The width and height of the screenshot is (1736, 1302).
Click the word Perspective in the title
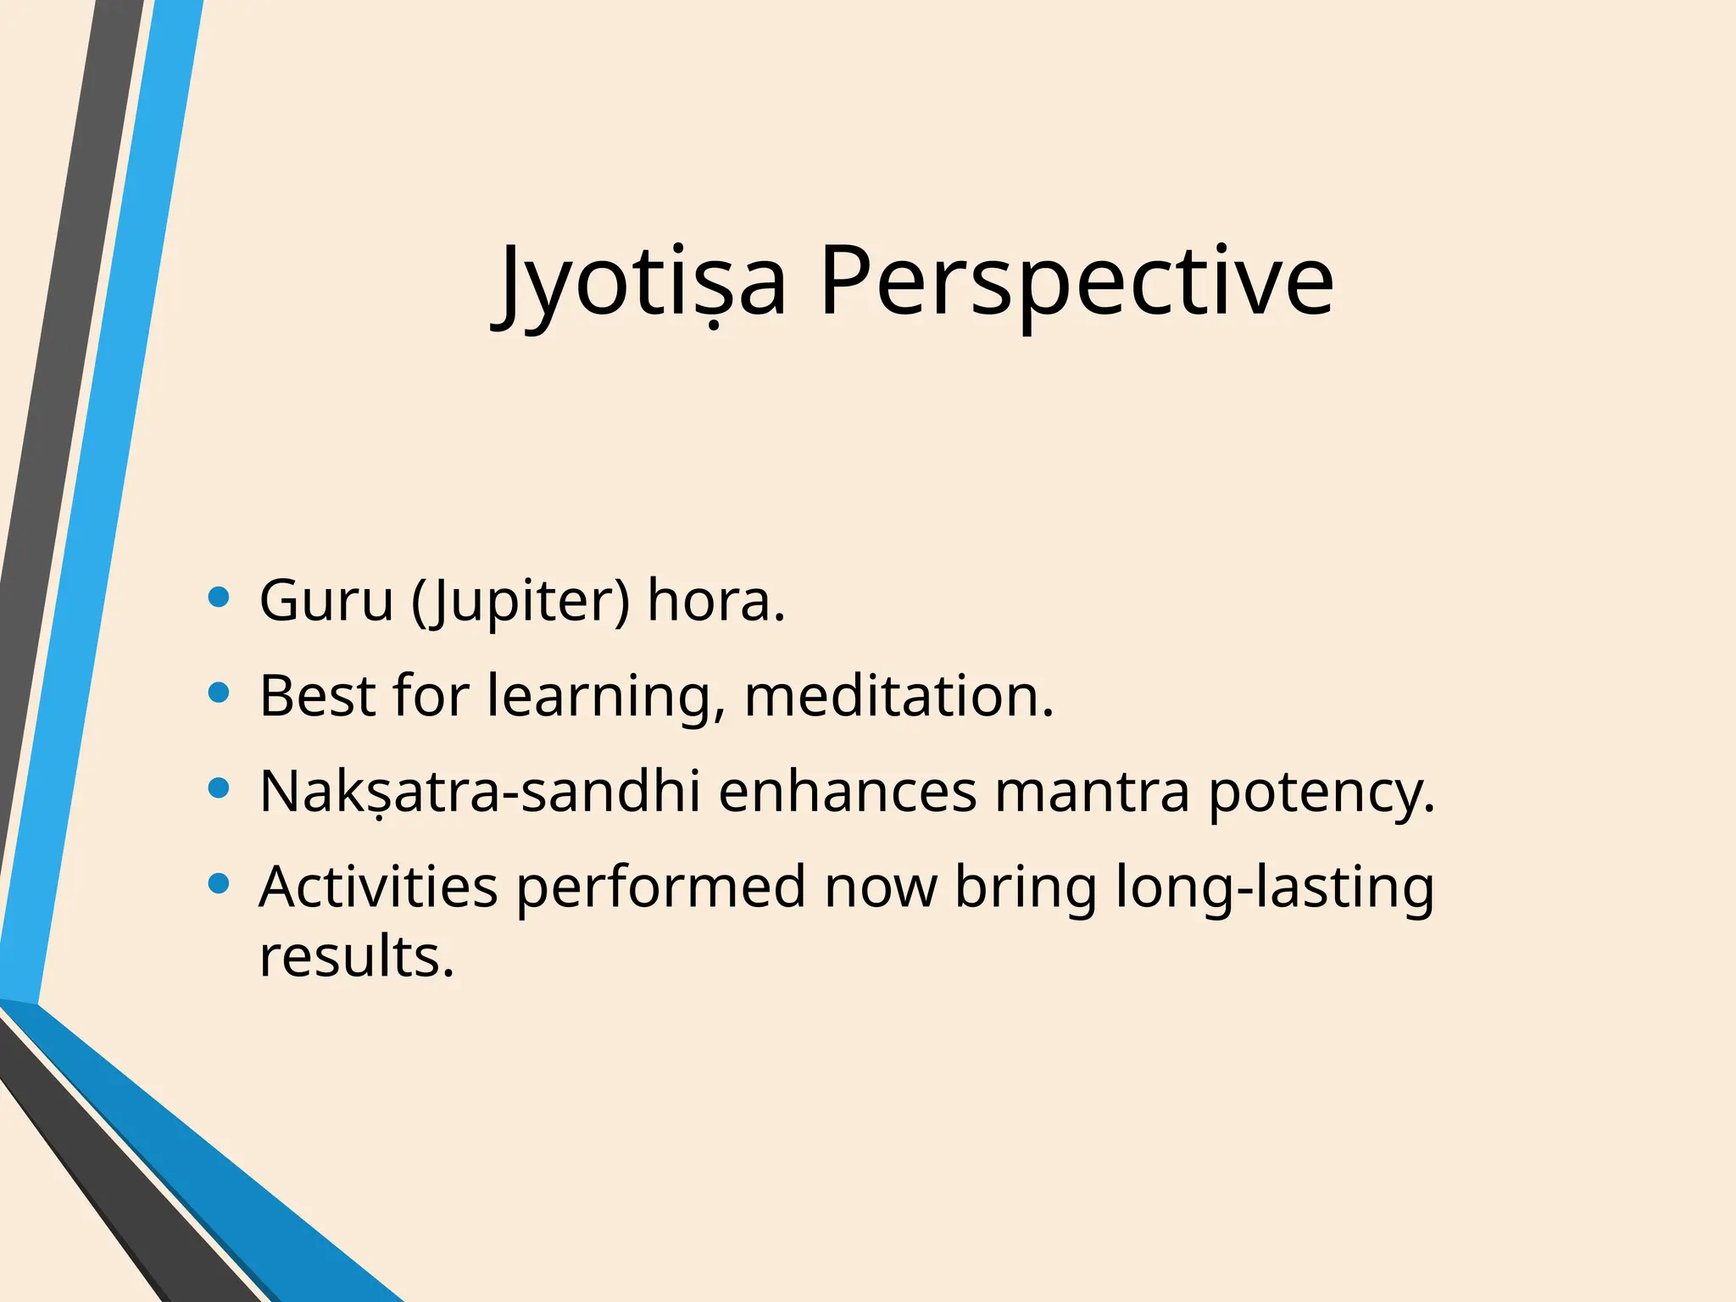point(1077,281)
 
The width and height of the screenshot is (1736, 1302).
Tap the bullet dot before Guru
point(219,598)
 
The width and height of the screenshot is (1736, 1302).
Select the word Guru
point(326,600)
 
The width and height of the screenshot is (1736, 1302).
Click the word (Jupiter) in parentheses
point(520,600)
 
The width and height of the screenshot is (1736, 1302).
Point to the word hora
point(715,600)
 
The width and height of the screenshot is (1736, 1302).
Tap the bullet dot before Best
point(219,693)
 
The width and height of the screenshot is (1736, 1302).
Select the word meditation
point(899,696)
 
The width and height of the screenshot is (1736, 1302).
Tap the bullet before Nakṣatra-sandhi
point(219,789)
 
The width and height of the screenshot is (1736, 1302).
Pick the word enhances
point(848,792)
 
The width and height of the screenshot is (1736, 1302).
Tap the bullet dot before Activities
point(219,885)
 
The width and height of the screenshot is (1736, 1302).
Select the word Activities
point(378,887)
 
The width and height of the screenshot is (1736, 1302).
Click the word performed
point(661,887)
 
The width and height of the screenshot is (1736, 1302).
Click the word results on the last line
point(356,957)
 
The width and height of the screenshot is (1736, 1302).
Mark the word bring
point(1026,887)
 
